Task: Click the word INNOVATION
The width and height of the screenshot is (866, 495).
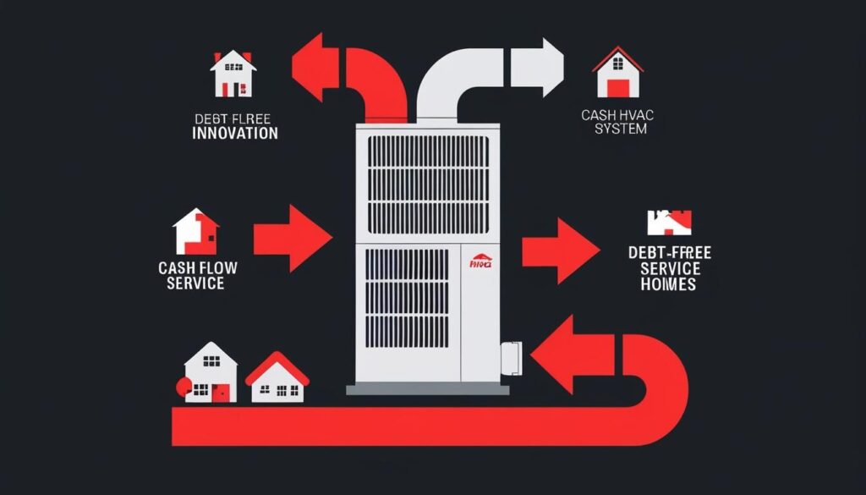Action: click(x=234, y=134)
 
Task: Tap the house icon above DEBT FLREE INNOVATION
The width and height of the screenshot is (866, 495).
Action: click(x=232, y=74)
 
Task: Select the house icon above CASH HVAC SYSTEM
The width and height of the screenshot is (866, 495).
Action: click(x=617, y=73)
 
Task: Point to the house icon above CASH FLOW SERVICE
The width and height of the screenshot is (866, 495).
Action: click(x=195, y=231)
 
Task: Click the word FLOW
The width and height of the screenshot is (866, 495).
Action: click(x=217, y=268)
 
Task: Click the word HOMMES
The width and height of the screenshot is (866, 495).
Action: click(x=668, y=285)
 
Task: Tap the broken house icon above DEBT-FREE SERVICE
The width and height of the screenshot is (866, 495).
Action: click(x=669, y=222)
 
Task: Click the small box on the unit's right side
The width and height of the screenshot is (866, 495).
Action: click(x=512, y=360)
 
